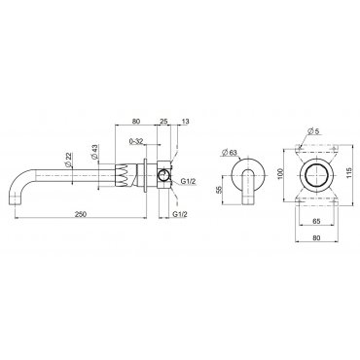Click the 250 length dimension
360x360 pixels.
click(81, 214)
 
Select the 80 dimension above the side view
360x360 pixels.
click(136, 122)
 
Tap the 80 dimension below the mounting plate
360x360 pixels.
click(317, 237)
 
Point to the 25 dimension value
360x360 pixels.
click(163, 122)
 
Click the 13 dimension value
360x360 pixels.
click(186, 122)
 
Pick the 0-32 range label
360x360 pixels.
click(136, 141)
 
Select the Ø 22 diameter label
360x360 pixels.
click(69, 160)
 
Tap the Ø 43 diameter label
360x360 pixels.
click(94, 152)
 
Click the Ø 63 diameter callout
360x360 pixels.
click(230, 152)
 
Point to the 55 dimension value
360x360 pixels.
click(218, 190)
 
